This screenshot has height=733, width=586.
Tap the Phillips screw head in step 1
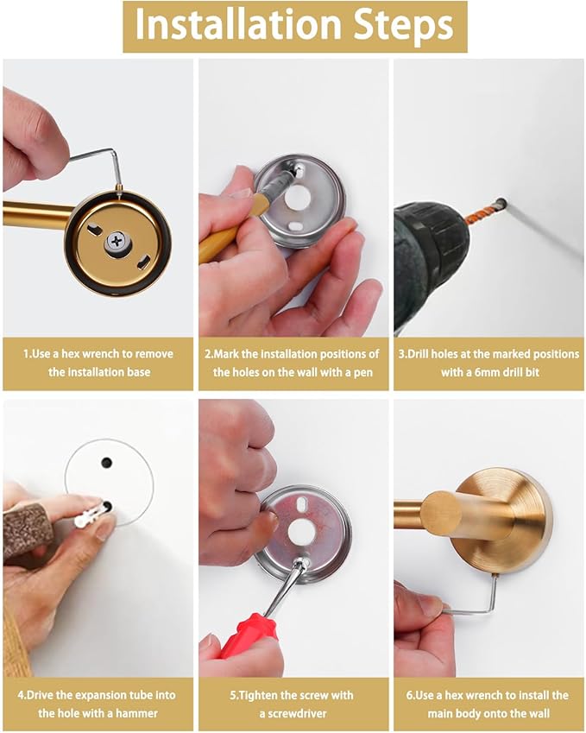tap(117, 242)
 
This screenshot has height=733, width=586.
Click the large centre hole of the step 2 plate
tap(299, 197)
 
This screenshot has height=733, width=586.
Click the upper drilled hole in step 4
tap(106, 463)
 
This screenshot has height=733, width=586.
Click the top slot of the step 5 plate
tap(301, 504)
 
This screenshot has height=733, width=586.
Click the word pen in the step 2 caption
tap(362, 373)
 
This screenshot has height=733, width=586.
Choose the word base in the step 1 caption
tap(139, 373)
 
